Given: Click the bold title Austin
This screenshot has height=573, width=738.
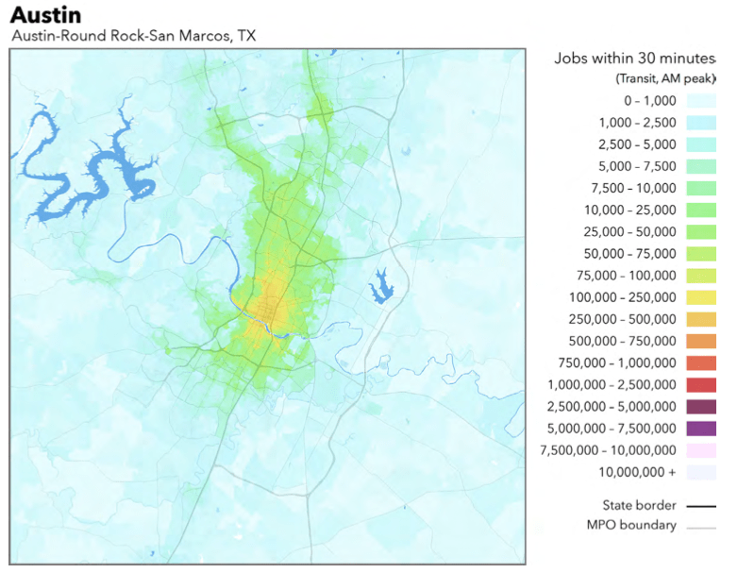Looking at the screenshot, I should [45, 15].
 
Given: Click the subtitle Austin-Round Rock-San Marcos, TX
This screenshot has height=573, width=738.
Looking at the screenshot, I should [133, 36].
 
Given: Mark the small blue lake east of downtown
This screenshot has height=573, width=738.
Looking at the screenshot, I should [381, 283].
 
